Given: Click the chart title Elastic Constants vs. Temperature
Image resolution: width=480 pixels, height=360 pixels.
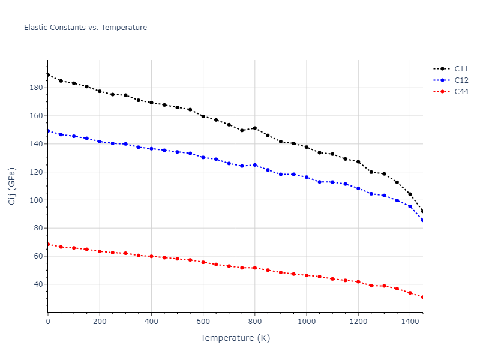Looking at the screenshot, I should click(x=85, y=28).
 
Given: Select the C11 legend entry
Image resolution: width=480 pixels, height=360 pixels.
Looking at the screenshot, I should click(x=461, y=69).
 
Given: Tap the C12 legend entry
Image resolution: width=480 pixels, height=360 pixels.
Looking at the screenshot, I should click(x=461, y=80).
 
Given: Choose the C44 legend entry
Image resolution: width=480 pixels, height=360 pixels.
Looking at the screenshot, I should click(x=461, y=92).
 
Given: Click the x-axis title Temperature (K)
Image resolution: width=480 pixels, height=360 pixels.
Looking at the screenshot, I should click(x=235, y=338).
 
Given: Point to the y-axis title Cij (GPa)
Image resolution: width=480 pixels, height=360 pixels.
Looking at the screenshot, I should click(x=12, y=186).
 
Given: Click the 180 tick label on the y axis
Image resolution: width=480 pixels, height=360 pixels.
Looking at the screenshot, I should click(x=36, y=88).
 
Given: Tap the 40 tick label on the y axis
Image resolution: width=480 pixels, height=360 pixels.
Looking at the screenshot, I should click(x=38, y=284).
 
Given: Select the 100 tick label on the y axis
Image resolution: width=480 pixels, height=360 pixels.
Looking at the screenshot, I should click(x=36, y=200).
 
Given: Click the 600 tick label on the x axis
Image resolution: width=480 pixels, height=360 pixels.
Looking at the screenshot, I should click(x=203, y=321).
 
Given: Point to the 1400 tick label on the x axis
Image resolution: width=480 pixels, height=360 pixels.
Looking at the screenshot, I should click(x=410, y=321).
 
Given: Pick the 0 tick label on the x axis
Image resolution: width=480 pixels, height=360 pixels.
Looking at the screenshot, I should click(x=48, y=321).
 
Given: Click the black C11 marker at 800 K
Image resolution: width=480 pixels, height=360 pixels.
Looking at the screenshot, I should click(x=255, y=128).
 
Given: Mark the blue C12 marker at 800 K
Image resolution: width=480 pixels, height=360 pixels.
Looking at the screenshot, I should click(x=255, y=165).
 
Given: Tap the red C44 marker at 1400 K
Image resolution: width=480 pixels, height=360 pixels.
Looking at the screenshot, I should click(x=410, y=293).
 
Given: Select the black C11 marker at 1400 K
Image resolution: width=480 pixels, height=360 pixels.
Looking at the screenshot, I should click(x=410, y=194).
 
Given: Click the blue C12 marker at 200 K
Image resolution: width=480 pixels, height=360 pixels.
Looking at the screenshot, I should click(x=100, y=142).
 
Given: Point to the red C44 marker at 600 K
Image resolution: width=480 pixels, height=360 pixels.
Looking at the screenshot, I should click(x=203, y=262).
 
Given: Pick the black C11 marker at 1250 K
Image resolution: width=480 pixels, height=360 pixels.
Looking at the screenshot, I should click(x=371, y=172).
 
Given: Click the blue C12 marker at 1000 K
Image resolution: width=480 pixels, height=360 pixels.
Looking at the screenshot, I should click(x=307, y=177).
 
